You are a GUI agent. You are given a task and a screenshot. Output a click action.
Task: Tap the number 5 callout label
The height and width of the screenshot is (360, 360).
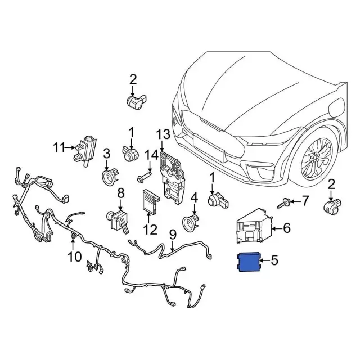point(274,260)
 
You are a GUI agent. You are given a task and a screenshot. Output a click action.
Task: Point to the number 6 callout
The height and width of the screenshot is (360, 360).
point(286,228)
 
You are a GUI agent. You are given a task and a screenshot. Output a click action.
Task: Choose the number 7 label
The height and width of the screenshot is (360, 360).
point(305,200)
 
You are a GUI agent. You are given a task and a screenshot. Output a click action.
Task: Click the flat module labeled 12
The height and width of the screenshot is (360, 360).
point(150,201)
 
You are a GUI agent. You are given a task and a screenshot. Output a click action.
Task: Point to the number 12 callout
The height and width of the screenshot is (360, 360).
point(150,229)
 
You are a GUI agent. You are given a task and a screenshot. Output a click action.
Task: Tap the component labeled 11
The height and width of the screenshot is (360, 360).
point(86,150)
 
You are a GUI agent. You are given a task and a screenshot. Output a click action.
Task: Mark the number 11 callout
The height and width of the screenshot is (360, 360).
point(60,148)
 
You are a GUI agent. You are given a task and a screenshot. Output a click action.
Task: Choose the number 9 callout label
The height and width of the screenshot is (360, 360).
point(173,233)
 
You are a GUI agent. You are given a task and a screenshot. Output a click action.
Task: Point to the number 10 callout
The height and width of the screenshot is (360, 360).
point(74,258)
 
